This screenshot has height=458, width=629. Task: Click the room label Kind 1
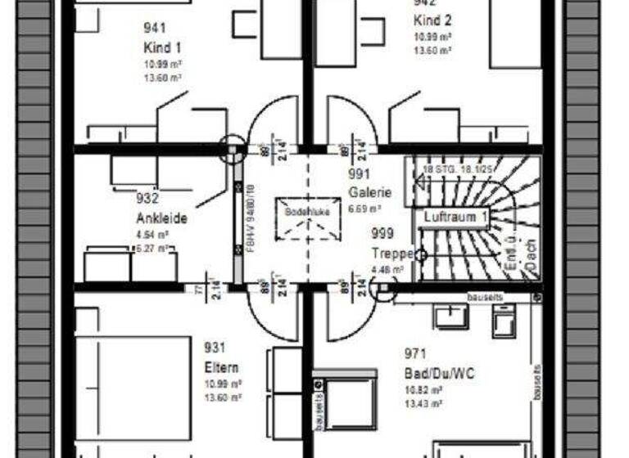(x=161, y=47)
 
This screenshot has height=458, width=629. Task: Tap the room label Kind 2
(x=432, y=20)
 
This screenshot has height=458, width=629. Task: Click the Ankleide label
(x=161, y=219)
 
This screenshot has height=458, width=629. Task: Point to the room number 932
(x=147, y=198)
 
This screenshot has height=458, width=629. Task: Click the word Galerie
(x=370, y=193)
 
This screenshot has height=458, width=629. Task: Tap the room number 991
(x=360, y=174)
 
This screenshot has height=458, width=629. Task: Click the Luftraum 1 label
(x=456, y=217)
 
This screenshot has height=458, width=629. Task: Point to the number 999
(x=382, y=234)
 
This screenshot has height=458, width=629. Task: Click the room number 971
(x=416, y=354)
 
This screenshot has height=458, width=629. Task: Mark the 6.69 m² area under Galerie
(x=364, y=209)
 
